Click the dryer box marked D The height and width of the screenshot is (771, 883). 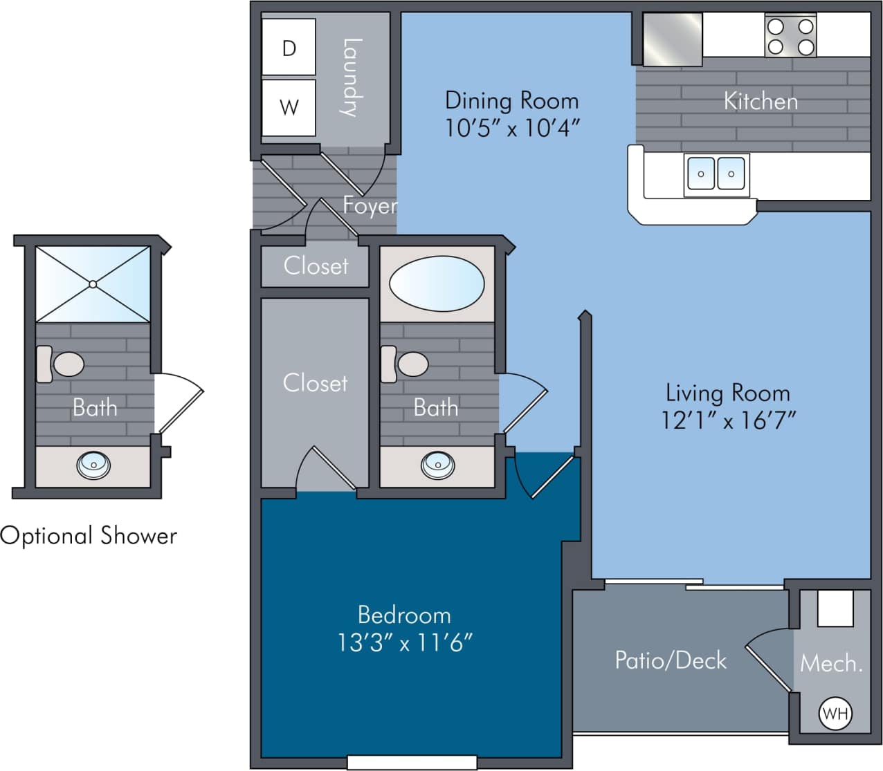coord(289,47)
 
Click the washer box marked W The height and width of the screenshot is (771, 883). coord(289,107)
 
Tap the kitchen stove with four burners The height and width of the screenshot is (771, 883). coord(790,37)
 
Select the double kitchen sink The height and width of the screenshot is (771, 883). coord(716,174)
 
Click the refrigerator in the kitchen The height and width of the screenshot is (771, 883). coord(673,39)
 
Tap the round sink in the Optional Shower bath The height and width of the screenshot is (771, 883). coord(93,465)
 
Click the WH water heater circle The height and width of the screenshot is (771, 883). coord(835,713)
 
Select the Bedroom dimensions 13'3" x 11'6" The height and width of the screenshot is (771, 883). coord(405,643)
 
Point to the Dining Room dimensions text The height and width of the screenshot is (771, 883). coord(511,128)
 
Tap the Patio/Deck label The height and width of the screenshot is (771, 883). coord(671,660)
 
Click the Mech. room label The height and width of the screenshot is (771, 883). coord(831,664)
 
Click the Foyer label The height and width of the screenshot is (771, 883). coord(370,205)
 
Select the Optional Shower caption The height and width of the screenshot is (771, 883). coord(89,536)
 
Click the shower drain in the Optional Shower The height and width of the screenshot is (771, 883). coord(93,284)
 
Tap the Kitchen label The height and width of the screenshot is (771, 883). coord(761,102)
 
